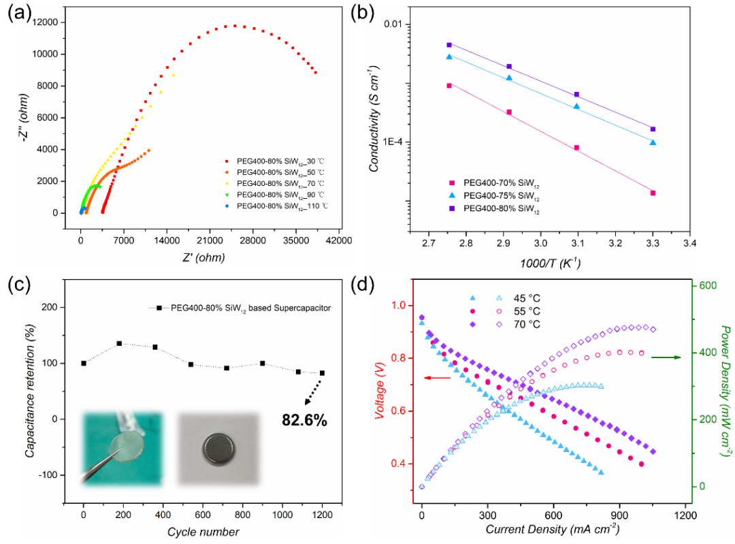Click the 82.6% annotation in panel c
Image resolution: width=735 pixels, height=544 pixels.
click(x=304, y=420)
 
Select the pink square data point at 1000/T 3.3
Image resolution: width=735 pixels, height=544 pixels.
click(x=653, y=193)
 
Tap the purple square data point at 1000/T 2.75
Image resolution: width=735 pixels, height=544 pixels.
click(x=449, y=45)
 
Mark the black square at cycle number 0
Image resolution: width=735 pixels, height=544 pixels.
click(x=84, y=364)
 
